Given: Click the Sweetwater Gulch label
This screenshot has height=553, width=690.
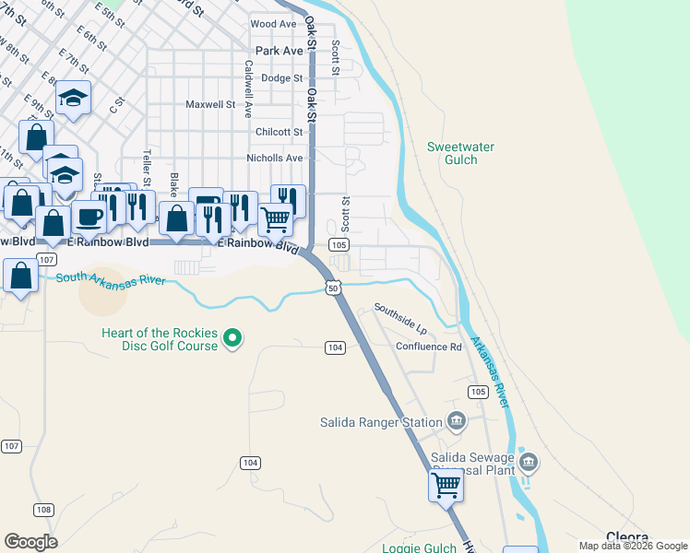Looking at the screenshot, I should pyautogui.click(x=461, y=153).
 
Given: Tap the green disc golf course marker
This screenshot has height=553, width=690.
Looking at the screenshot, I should pyautogui.click(x=233, y=339).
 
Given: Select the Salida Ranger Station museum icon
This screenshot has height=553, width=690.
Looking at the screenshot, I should pyautogui.click(x=456, y=422).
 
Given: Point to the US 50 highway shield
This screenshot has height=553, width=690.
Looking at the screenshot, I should pyautogui.click(x=334, y=288).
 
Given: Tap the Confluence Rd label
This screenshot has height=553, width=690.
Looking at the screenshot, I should pyautogui.click(x=428, y=347).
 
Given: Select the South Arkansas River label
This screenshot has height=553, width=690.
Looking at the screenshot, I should pyautogui.click(x=109, y=278).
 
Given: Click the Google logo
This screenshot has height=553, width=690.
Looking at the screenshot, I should pyautogui.click(x=30, y=542).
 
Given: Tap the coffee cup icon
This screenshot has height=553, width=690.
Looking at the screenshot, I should pyautogui.click(x=89, y=217).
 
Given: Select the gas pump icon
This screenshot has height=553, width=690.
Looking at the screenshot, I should pyautogui.click(x=206, y=204).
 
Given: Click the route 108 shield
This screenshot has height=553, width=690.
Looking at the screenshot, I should pyautogui.click(x=43, y=510).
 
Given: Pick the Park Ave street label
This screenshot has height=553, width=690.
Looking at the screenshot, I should pyautogui.click(x=279, y=51).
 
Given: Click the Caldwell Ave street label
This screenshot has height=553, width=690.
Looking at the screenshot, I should pyautogui.click(x=248, y=89).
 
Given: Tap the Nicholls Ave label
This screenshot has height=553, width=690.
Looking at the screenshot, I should pyautogui.click(x=275, y=158).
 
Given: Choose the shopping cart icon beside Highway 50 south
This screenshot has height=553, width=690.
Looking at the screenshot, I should pyautogui.click(x=446, y=485).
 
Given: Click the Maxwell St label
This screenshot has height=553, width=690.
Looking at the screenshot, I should pyautogui.click(x=210, y=104).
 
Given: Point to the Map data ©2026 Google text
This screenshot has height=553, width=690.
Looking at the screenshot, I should pyautogui.click(x=632, y=546).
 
